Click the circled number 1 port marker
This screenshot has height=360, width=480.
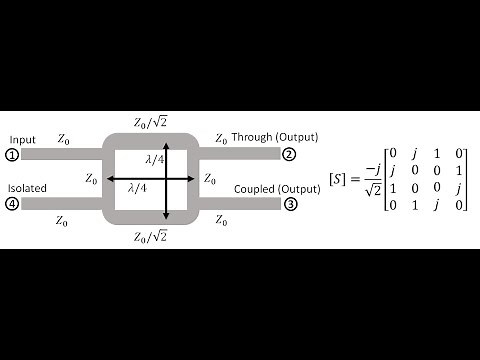[x=11, y=155]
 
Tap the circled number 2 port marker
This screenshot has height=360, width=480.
[x=289, y=155]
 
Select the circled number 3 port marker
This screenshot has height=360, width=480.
[x=289, y=204]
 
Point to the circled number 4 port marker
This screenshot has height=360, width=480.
[x=11, y=204]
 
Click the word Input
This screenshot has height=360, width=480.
[x=20, y=139]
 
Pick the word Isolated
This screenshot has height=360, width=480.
[x=25, y=187]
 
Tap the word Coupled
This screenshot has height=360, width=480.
[x=252, y=188]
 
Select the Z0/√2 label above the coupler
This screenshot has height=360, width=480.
[x=150, y=122]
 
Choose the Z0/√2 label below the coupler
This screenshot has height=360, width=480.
[x=150, y=237]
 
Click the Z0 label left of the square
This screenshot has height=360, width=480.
[x=92, y=180]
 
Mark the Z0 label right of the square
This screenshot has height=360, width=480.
[x=209, y=180]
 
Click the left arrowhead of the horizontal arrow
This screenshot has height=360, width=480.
[x=111, y=180]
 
